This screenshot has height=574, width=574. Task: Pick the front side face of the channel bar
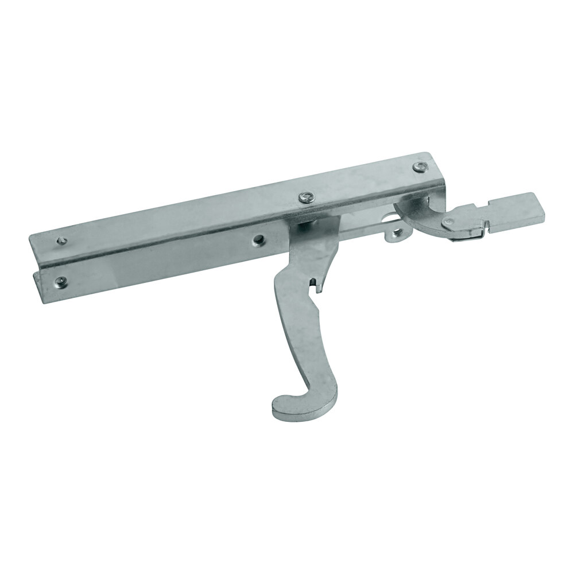pyautogui.click(x=172, y=264)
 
